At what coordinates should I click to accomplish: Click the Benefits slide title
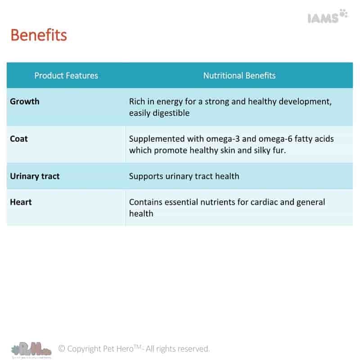tap(39, 35)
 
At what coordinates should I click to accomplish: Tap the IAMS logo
tap(327, 16)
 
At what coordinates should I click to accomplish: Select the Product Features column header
tap(66, 76)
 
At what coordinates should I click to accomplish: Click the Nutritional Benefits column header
tap(239, 76)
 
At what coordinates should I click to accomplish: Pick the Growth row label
tap(25, 101)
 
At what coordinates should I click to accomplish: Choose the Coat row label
tap(19, 139)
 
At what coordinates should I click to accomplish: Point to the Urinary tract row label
tap(35, 176)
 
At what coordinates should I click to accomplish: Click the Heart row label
tap(21, 202)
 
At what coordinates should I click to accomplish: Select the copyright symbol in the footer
tap(62, 348)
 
